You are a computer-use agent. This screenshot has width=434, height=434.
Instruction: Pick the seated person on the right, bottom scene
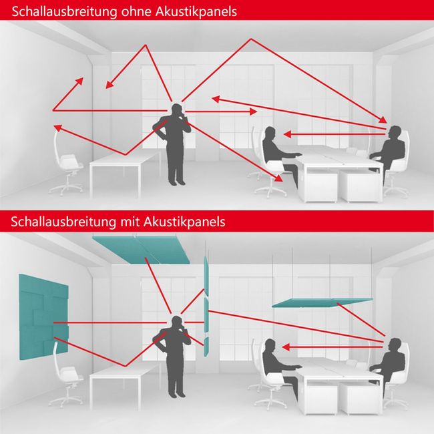(391, 361)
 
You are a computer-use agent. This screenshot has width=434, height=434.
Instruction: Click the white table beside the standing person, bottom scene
(124, 374)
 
